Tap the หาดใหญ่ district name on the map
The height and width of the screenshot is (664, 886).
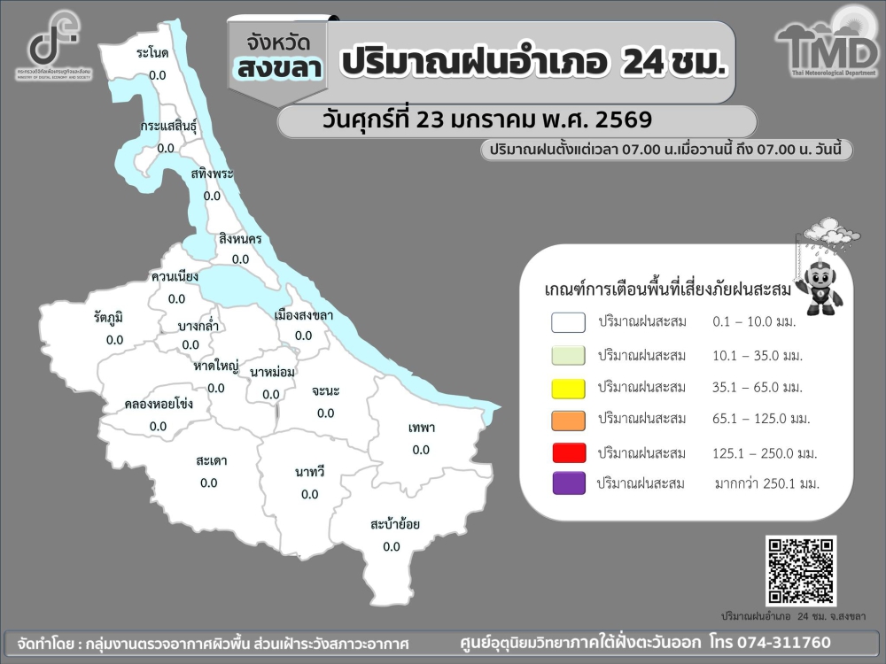[215, 366]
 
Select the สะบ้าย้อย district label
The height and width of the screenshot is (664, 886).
[394, 524]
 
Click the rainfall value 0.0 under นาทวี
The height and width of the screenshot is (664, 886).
[309, 494]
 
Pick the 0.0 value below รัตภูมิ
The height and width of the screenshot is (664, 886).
[114, 339]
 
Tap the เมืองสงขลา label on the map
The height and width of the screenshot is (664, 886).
[304, 314]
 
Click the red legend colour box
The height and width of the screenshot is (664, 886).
[568, 452]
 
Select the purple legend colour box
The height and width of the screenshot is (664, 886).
[568, 483]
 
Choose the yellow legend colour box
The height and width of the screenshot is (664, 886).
[568, 388]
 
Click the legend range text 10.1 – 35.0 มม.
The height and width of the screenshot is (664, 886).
[758, 355]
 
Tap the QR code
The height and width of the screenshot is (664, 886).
[801, 570]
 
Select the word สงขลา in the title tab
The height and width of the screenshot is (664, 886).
[278, 68]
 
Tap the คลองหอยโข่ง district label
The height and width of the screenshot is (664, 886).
[159, 404]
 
